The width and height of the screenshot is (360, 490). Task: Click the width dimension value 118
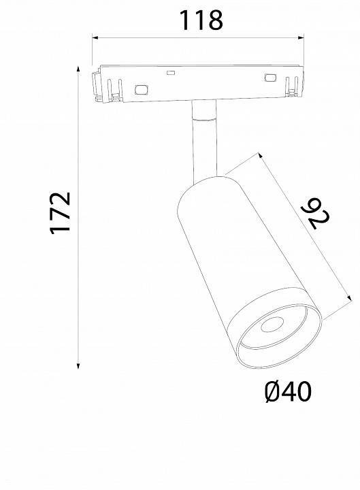[x=200, y=21]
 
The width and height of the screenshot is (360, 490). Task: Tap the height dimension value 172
[x=61, y=213]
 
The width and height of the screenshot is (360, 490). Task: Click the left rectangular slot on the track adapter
[x=142, y=88]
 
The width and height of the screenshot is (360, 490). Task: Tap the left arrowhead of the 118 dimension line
[x=96, y=39]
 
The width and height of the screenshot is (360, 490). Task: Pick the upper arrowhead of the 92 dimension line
[x=262, y=157]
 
